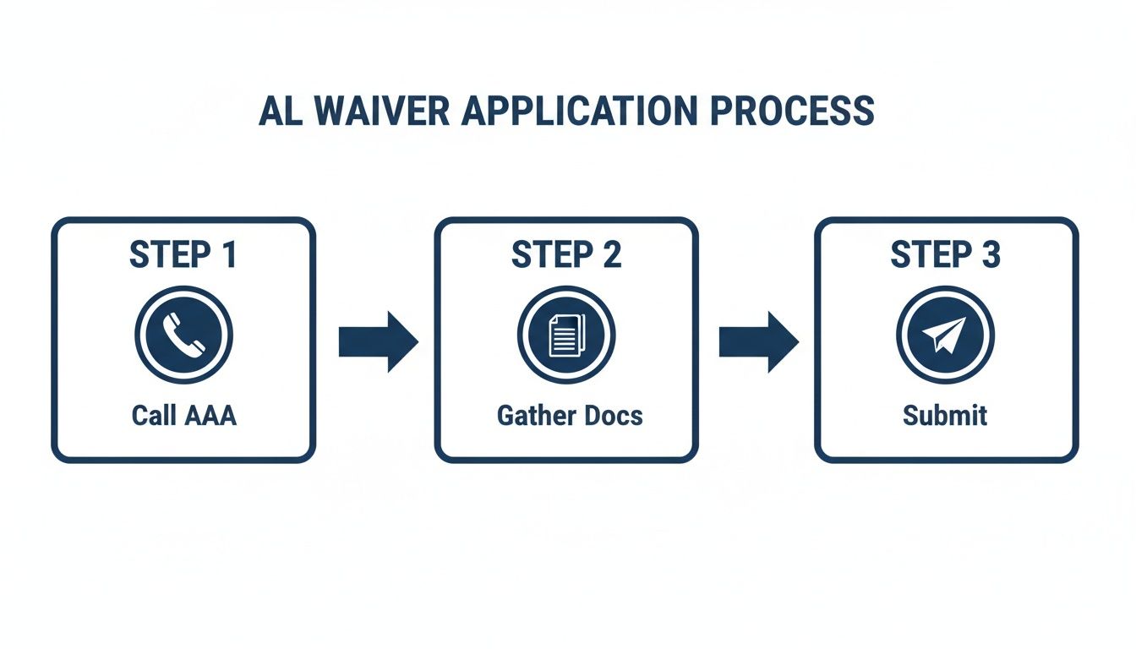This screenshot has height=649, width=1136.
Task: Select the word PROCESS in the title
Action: (x=790, y=112)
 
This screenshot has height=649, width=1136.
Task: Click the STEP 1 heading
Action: (x=183, y=255)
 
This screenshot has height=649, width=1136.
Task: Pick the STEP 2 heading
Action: (x=566, y=255)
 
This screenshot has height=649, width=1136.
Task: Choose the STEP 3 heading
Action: (x=946, y=255)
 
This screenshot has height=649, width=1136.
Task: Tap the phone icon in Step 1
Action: (x=183, y=335)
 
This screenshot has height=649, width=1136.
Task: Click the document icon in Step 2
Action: (x=566, y=335)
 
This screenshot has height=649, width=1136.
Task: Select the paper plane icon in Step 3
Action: (x=945, y=335)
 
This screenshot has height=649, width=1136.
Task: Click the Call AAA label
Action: (x=183, y=416)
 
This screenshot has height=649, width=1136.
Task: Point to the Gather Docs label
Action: (x=570, y=416)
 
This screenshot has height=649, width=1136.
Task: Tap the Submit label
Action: (x=945, y=416)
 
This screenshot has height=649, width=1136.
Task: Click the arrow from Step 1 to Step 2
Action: (x=378, y=341)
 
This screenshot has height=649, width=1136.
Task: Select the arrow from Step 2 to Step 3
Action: (x=758, y=341)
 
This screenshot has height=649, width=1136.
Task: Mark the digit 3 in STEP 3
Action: (x=990, y=255)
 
